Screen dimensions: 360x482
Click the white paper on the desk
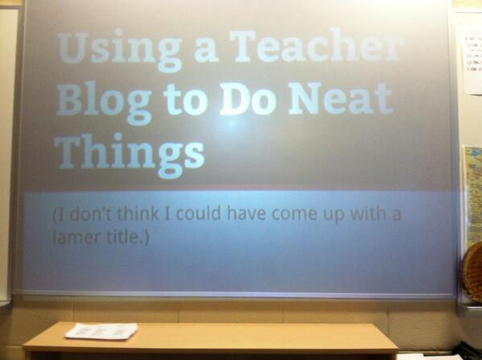pos(101,330)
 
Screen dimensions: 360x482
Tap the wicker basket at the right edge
pos(472,270)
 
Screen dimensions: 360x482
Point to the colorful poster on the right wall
pos(472,193)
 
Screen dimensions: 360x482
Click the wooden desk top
pos(241,337)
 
